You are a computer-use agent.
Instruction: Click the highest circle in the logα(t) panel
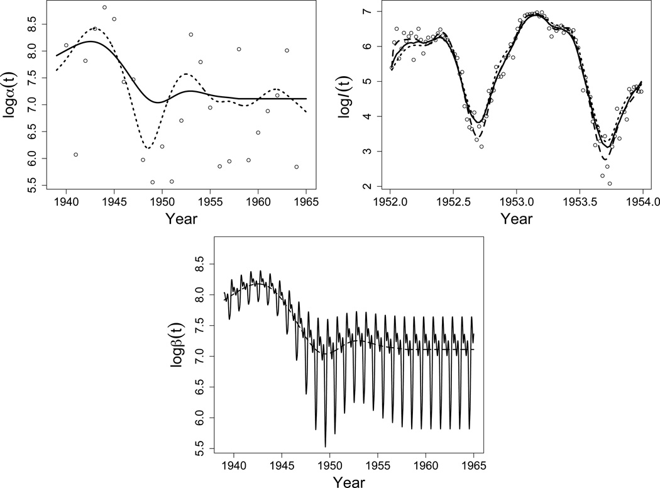pos(104,8)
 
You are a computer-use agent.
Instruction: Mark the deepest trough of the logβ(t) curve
pos(325,446)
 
